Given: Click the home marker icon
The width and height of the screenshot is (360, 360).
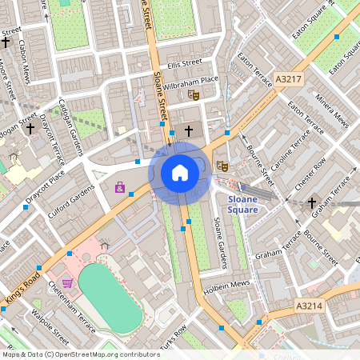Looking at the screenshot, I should click(x=180, y=172).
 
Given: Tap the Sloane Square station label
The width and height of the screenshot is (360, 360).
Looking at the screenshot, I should click(x=242, y=203).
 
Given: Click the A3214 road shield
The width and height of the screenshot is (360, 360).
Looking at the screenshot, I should click(x=308, y=306).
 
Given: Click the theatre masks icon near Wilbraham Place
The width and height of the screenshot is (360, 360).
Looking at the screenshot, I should click(x=193, y=95).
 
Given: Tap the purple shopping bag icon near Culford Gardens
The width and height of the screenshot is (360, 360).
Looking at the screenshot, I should click(x=120, y=187).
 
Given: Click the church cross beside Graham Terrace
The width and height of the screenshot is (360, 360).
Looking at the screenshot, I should click(x=312, y=203).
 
